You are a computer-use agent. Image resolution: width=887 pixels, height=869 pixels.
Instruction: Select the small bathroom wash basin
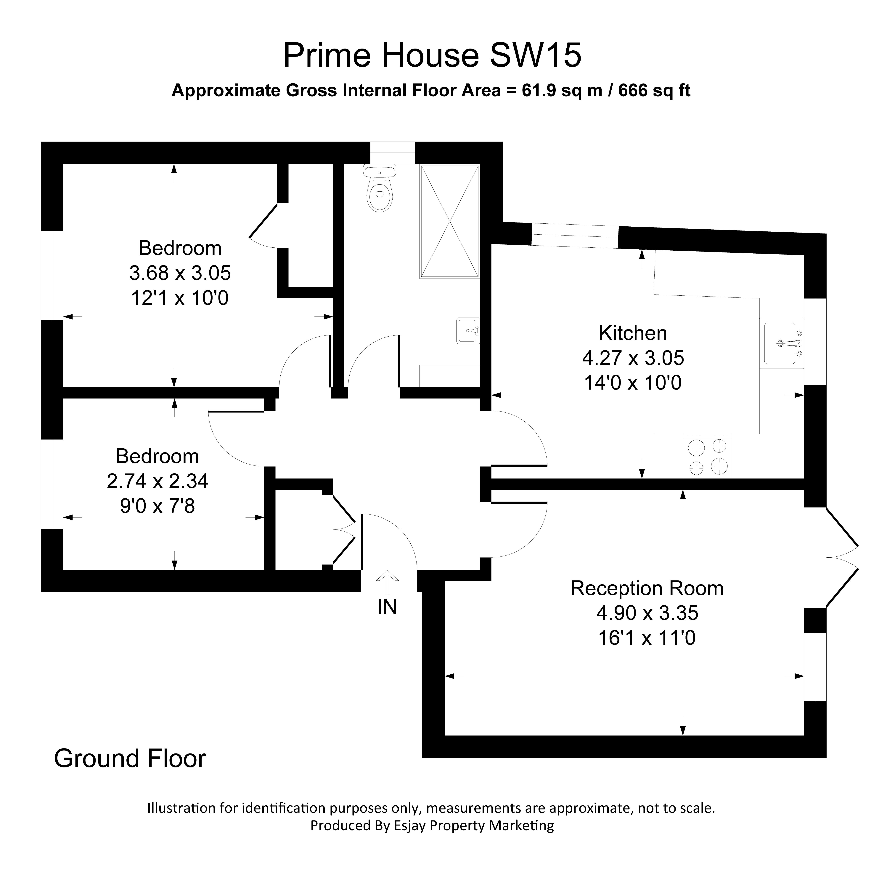click(x=468, y=330)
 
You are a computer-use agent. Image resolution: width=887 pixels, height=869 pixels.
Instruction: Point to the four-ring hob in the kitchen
click(x=707, y=456)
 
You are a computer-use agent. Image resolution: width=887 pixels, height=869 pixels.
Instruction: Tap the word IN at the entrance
click(x=387, y=607)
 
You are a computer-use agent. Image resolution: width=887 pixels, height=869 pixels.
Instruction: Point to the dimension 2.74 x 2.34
click(x=158, y=481)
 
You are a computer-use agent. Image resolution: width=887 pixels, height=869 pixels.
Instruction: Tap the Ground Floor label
click(x=130, y=758)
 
